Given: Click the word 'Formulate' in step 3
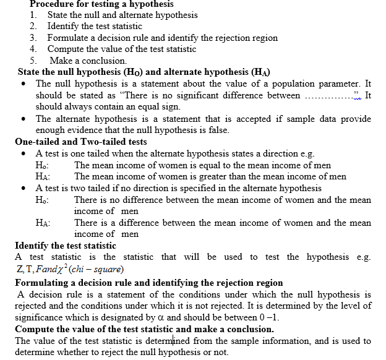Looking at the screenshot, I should [x=69, y=38].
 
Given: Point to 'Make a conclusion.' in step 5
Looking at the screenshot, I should [x=88, y=61].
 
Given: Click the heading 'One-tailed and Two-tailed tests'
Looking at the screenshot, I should [x=80, y=142].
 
